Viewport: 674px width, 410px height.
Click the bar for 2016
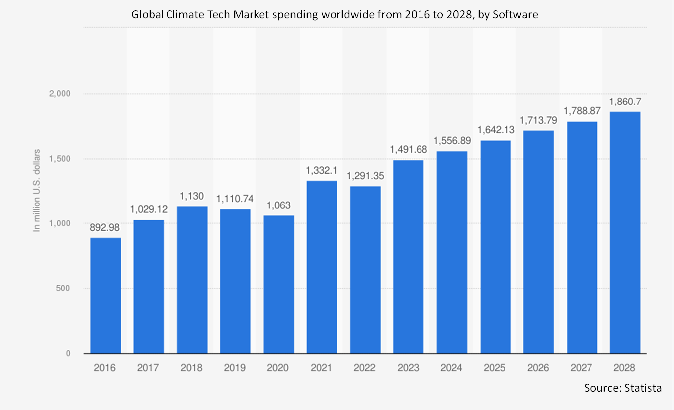click(105, 296)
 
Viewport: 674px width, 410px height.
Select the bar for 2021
click(322, 267)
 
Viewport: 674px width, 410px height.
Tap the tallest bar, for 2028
click(625, 233)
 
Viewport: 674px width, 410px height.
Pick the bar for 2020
click(278, 285)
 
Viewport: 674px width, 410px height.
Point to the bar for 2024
click(452, 252)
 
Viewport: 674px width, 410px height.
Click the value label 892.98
click(105, 228)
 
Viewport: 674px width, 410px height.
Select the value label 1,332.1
click(322, 171)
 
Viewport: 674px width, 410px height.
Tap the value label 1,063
click(278, 206)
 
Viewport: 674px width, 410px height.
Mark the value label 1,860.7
click(625, 102)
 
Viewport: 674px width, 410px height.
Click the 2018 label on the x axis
click(192, 368)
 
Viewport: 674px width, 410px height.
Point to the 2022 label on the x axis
click(365, 368)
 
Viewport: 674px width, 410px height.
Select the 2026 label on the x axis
click(538, 368)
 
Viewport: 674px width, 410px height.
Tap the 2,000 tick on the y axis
click(60, 94)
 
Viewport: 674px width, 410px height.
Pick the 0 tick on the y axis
click(68, 354)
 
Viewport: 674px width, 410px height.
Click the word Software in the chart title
click(518, 15)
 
